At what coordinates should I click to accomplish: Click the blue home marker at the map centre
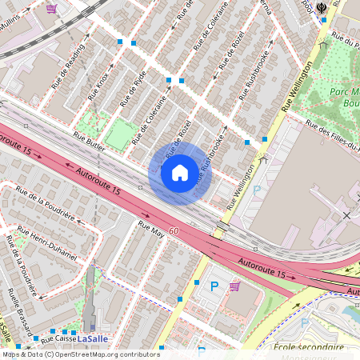point(180,173)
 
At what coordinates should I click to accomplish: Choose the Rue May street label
point(151,230)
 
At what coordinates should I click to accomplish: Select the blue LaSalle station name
point(96,338)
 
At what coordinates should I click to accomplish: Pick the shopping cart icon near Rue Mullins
point(52,9)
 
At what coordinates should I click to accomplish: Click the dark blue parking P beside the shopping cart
point(214,286)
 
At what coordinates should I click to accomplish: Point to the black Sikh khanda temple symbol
point(323,6)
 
